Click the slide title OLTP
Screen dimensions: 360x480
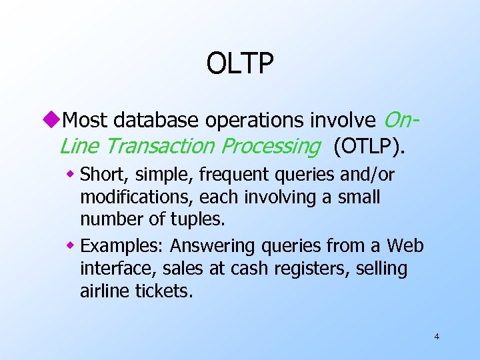pos(240,64)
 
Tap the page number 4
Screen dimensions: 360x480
pos(437,337)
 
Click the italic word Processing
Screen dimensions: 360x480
pos(271,146)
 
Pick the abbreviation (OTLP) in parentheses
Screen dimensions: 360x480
pos(369,146)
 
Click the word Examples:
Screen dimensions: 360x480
pos(123,247)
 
